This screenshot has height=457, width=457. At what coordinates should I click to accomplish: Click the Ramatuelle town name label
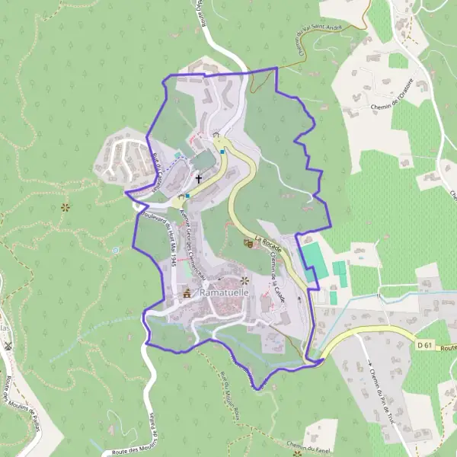(220, 292)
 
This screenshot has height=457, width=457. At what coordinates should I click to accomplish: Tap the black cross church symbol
(200, 179)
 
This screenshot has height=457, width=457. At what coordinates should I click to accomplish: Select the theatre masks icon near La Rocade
(248, 243)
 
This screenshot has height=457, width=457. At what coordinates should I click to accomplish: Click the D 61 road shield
(425, 346)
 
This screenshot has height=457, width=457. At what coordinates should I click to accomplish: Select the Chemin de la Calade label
(276, 276)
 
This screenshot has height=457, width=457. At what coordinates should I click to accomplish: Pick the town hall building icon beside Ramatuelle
(186, 292)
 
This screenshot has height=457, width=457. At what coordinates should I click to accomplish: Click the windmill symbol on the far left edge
(8, 345)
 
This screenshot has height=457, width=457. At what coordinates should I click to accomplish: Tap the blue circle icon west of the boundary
(116, 249)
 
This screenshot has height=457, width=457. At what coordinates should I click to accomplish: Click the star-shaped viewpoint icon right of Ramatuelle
(245, 281)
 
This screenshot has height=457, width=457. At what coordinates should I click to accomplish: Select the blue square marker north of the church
(222, 152)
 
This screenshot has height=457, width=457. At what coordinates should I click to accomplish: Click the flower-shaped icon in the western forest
(66, 206)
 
